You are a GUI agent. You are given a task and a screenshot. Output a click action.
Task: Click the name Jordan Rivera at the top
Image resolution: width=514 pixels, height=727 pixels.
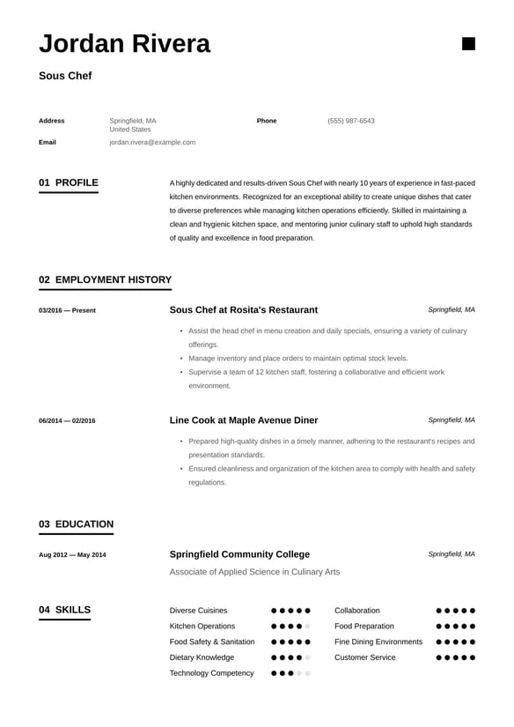124,43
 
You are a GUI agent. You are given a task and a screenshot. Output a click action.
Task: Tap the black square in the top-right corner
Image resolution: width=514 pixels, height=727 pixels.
468,44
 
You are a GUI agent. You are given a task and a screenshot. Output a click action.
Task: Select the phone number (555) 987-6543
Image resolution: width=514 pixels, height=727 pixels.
351,121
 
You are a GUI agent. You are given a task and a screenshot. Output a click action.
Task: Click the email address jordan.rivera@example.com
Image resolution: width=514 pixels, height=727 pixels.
152,142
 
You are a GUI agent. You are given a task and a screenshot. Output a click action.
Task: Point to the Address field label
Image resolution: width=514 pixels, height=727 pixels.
52,121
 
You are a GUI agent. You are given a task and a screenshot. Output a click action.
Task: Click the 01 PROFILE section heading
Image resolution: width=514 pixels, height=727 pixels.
69,183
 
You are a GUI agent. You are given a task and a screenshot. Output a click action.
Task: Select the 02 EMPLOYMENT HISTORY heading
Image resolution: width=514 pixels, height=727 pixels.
105,280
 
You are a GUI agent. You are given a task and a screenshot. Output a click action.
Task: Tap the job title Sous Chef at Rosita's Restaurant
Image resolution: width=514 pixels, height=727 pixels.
243,310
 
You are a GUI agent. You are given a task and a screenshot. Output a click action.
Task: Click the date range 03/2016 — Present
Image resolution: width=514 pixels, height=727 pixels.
67,310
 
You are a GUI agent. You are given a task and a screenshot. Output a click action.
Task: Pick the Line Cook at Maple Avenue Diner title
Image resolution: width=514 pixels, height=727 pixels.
243,420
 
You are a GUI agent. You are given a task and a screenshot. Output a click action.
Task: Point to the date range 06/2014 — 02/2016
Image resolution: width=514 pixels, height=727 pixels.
67,420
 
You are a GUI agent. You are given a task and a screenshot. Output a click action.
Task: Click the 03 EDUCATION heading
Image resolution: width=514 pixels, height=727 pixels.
76,524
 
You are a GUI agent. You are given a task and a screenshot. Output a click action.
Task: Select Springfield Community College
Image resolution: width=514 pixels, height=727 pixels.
239,554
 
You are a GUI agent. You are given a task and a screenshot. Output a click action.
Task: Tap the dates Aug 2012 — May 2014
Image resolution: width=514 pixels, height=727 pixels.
72,555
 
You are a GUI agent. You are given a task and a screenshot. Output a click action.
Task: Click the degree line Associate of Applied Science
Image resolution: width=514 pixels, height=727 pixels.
254,572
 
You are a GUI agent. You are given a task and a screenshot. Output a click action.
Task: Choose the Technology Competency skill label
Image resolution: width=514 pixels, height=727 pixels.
211,673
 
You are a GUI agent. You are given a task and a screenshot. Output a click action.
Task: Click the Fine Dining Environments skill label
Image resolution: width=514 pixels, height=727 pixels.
378,642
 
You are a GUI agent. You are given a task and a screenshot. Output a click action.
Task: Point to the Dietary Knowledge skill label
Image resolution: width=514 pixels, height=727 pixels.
202,657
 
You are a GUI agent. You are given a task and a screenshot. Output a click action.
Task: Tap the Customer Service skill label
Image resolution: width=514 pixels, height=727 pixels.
364,657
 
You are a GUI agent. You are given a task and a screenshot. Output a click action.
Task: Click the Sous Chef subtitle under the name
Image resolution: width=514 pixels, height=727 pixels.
65,76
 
